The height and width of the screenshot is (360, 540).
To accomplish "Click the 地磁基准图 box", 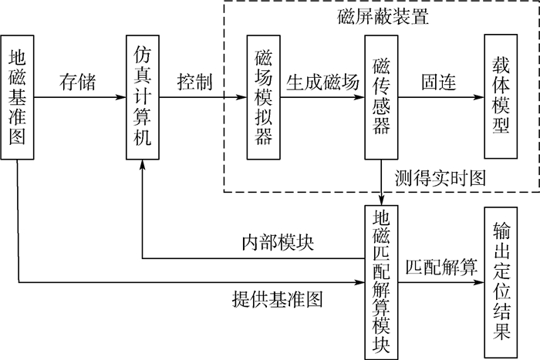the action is click(x=17, y=97).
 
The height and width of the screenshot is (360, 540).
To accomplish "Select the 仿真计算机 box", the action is click(x=143, y=97).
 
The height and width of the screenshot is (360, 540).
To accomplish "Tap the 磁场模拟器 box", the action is click(x=264, y=97).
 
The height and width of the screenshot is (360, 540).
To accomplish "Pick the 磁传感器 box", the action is click(x=382, y=97).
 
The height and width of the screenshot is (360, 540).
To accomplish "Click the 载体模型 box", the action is click(x=501, y=96).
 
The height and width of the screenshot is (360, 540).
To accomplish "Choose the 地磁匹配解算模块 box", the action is click(x=382, y=283).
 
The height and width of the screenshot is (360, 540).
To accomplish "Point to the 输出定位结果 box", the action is click(x=501, y=282).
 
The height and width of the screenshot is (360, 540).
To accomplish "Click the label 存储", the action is click(x=77, y=82).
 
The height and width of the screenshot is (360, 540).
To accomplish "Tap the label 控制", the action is click(x=195, y=82).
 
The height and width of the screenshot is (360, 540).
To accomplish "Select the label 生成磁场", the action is click(x=322, y=82).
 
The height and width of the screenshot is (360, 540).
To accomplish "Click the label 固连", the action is click(x=439, y=82).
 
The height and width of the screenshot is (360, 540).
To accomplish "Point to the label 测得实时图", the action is click(x=440, y=178).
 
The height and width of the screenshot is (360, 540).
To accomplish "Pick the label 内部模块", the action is click(x=278, y=243).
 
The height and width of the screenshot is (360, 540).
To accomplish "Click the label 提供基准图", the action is click(x=278, y=299).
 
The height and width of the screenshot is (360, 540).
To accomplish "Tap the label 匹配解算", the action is click(x=441, y=267).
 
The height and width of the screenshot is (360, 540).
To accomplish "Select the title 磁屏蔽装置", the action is click(x=383, y=16).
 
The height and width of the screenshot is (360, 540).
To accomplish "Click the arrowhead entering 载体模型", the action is click(x=479, y=97).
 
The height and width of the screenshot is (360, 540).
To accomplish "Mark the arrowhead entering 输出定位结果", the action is click(x=479, y=283).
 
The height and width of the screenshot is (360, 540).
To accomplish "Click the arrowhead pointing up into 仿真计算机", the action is click(x=143, y=164).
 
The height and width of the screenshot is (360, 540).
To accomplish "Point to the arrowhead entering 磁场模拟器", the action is click(x=241, y=97).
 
